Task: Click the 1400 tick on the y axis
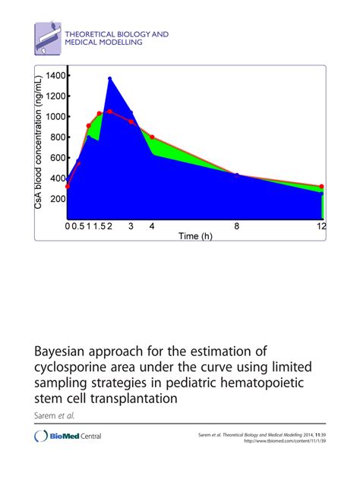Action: point(56,75)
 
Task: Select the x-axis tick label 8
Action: point(237,226)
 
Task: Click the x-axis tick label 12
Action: point(322,226)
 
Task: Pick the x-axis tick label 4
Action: point(152,226)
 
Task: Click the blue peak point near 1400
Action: point(110,78)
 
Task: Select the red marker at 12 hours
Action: point(322,187)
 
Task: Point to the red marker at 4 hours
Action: point(152,137)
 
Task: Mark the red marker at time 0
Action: point(68,186)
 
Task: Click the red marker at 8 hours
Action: point(237,175)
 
